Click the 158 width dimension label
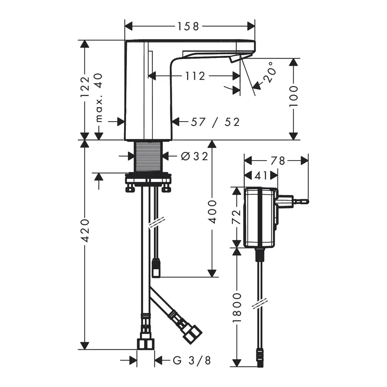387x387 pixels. [188, 26]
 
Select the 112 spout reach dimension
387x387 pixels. [195, 76]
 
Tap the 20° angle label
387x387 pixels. [269, 72]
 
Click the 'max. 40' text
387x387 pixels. [99, 98]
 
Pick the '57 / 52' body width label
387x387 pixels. [215, 122]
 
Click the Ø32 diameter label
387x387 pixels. [194, 156]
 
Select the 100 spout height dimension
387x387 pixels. [293, 96]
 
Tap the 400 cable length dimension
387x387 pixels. [212, 212]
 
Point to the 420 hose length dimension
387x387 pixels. [85, 230]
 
